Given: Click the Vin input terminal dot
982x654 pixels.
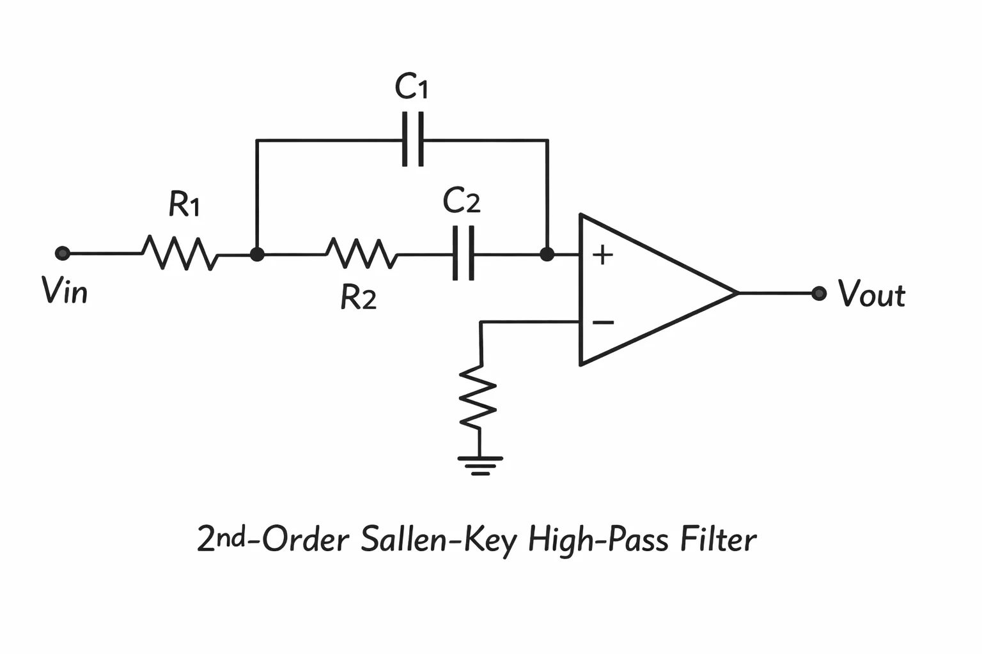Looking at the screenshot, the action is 63,253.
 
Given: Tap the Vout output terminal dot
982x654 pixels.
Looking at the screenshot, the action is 819,293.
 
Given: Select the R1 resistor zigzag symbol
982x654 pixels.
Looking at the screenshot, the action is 180,253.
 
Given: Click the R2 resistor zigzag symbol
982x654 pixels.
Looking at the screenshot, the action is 362,253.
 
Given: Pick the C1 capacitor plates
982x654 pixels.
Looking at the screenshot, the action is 412,139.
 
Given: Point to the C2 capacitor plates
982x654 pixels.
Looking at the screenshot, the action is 463,253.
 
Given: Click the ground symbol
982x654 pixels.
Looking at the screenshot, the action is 480,466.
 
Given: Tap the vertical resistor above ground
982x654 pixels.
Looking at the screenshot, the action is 478,398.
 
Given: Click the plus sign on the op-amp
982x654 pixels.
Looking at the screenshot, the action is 602,254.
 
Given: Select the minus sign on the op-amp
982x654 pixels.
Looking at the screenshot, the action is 604,323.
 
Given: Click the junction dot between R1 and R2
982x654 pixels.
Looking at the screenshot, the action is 257,254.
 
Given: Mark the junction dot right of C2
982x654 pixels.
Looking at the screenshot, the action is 547,254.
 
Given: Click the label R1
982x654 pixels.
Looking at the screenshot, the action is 185,204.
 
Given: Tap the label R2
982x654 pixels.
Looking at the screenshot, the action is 359,297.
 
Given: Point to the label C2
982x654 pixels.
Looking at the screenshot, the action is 462,200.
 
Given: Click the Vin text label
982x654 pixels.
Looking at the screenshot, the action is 65,291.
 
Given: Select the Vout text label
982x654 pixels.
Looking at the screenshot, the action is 871,293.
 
